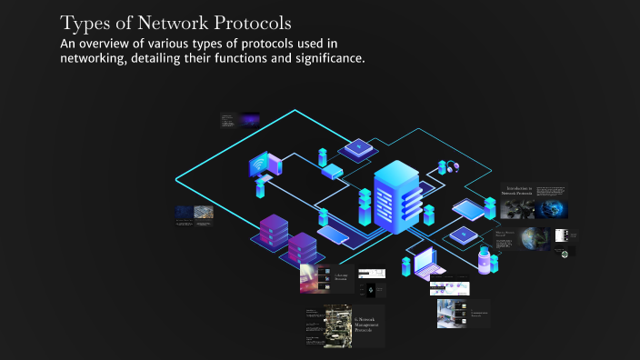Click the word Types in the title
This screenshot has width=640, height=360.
(85, 22)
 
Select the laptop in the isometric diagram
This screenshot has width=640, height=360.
(425, 265)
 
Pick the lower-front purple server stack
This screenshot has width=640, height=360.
(301, 246)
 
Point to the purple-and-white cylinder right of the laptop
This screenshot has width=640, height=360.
(484, 261)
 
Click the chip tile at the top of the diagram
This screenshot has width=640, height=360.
(356, 146)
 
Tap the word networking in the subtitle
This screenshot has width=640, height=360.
(92, 59)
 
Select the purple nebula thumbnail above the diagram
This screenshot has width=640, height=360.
(250, 118)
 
